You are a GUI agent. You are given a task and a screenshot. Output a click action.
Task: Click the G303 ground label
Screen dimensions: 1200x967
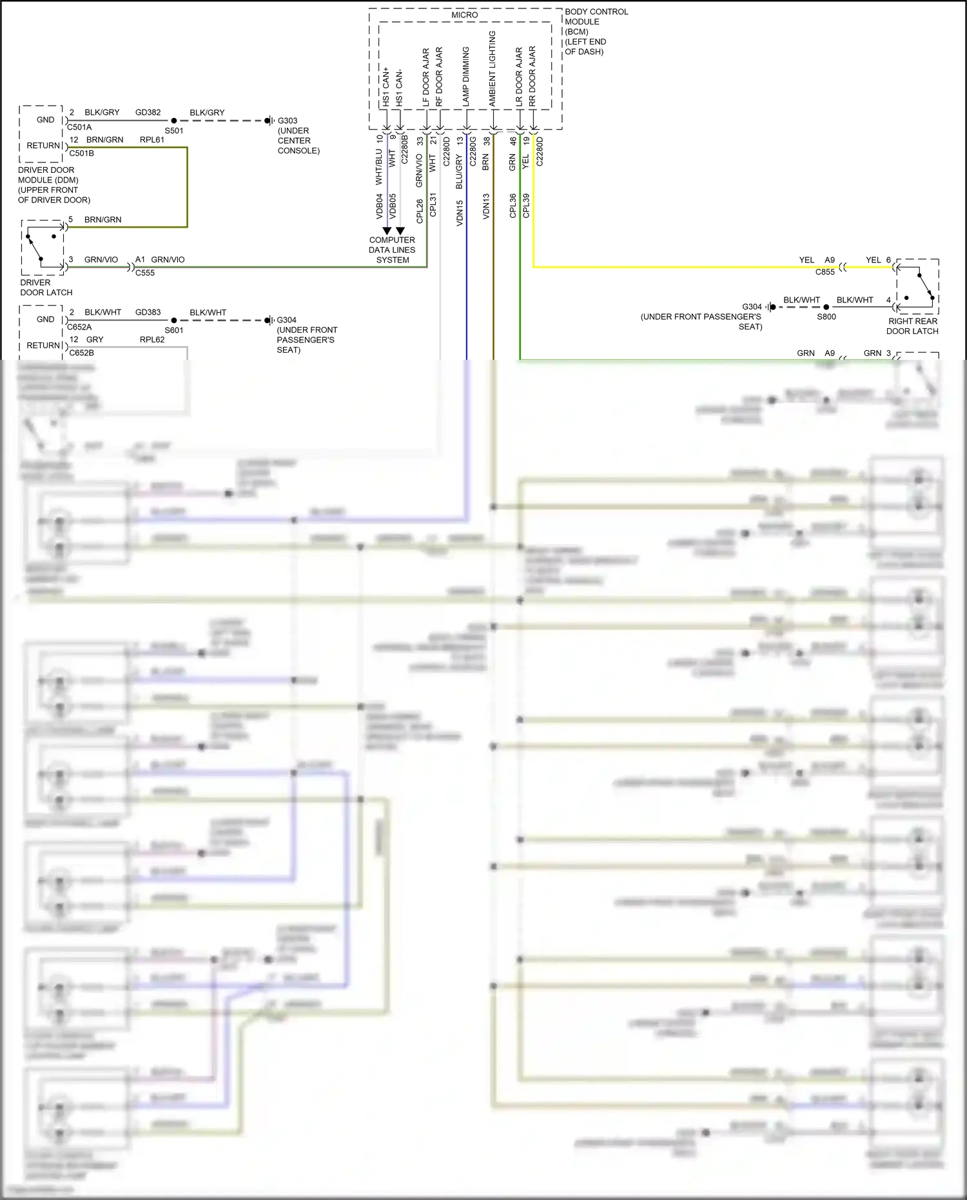pos(288,121)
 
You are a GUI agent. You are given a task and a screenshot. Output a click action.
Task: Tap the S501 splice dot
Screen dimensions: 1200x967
pos(174,121)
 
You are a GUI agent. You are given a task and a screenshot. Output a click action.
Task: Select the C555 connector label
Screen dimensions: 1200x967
pos(145,273)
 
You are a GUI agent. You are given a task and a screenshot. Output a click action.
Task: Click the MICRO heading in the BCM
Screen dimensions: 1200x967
pos(464,15)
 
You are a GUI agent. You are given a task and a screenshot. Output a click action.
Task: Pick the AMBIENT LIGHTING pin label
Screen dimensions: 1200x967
pos(493,68)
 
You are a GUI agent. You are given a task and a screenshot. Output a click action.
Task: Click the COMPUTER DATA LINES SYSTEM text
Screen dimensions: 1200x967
pos(392,250)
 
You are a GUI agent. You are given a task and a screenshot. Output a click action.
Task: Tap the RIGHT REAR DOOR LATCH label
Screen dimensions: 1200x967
pos(912,326)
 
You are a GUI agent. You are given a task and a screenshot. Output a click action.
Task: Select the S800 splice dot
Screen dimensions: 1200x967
pos(826,307)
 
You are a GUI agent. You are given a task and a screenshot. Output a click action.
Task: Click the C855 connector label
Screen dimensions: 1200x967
pos(825,272)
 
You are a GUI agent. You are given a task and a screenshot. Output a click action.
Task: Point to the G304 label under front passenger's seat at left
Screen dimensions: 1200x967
pos(286,320)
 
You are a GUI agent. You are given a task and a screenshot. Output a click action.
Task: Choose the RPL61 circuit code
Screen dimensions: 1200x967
pos(152,140)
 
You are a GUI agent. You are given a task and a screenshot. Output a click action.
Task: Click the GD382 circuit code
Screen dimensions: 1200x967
pos(148,112)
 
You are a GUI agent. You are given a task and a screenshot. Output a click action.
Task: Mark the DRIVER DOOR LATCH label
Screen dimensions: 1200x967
pos(46,288)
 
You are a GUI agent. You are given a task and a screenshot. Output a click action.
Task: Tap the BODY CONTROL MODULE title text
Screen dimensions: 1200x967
pos(596,17)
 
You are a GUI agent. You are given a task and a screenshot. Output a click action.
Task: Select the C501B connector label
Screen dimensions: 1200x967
pos(81,153)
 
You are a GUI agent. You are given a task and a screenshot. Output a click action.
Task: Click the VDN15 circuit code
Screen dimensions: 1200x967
pos(460,213)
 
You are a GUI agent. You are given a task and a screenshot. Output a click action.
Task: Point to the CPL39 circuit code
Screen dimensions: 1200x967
pos(526,206)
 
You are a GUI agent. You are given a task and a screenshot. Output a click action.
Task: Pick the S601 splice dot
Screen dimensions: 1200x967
pos(174,320)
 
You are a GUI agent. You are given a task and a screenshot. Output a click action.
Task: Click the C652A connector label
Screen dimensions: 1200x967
pos(80,327)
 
